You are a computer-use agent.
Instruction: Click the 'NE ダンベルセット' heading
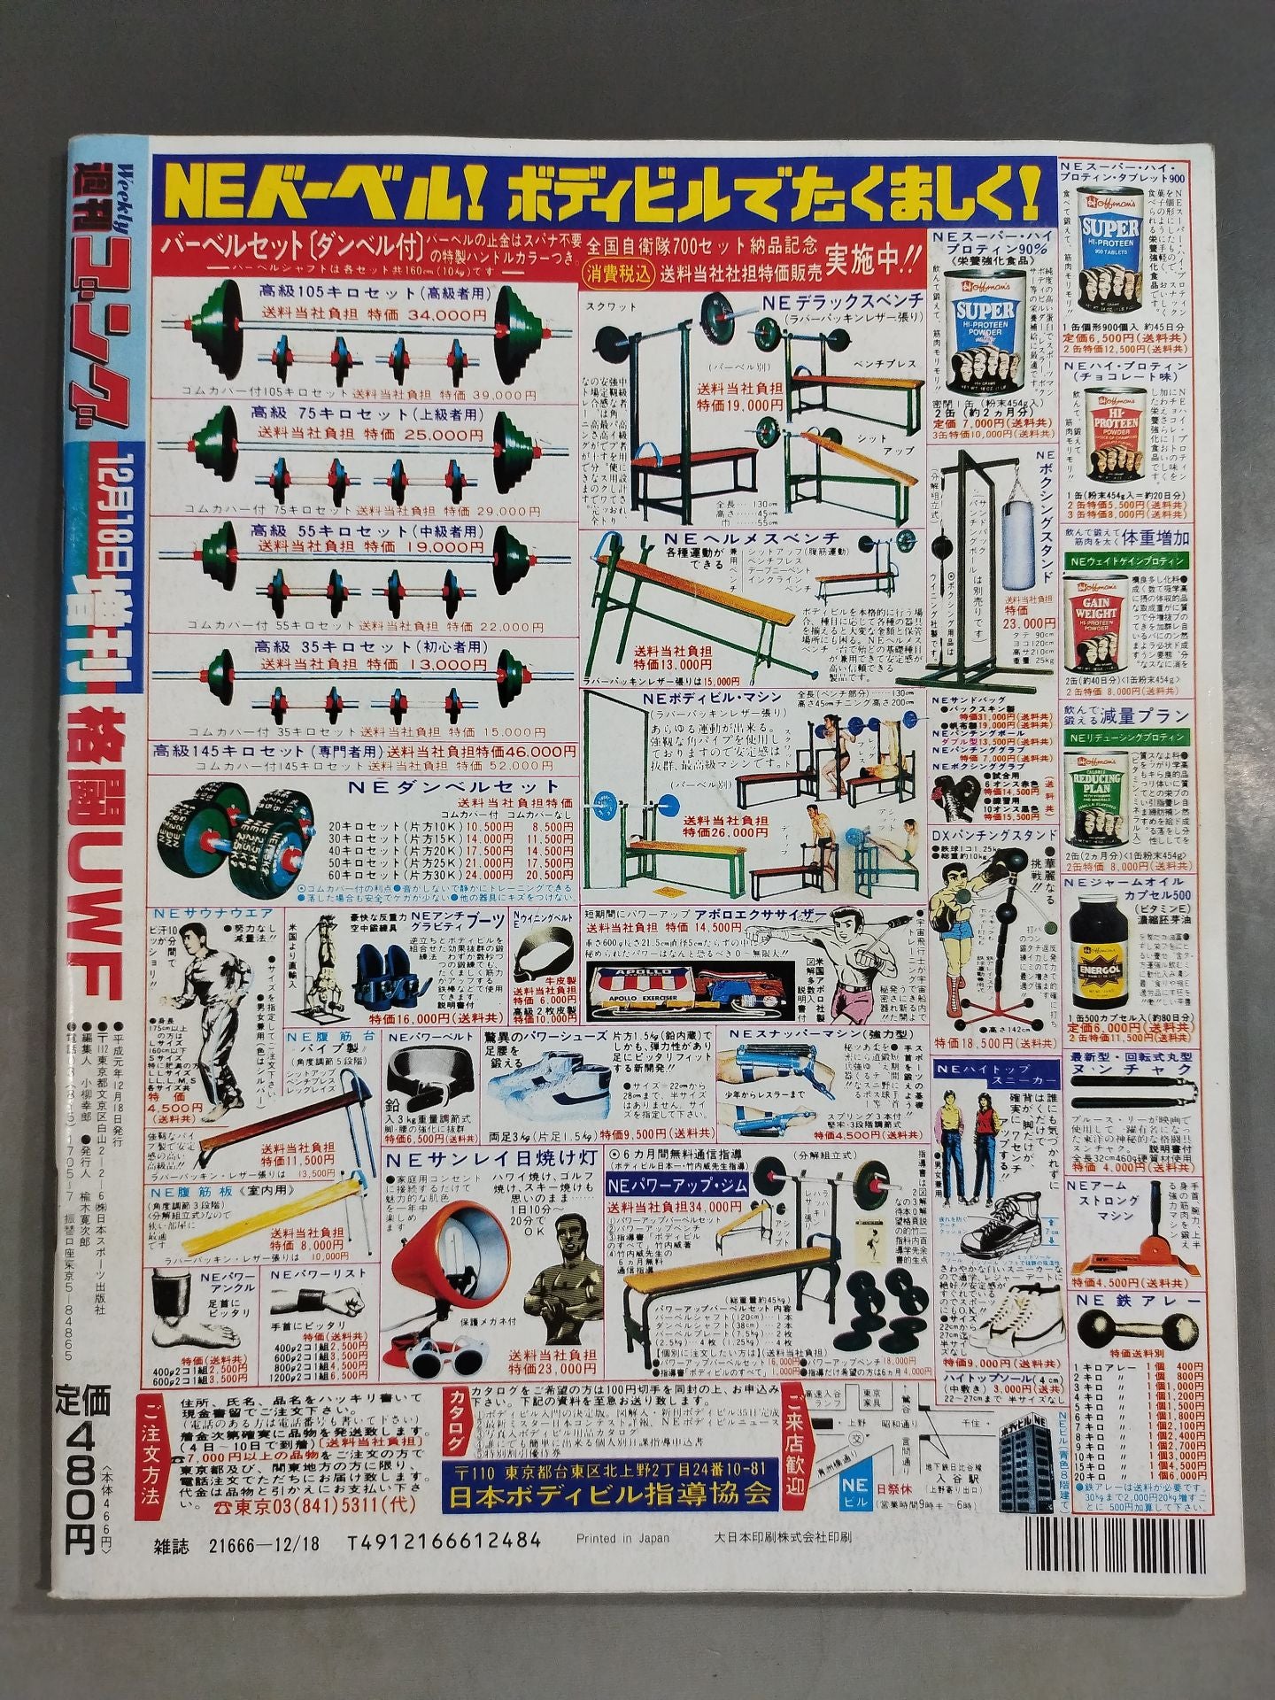click(x=453, y=786)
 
